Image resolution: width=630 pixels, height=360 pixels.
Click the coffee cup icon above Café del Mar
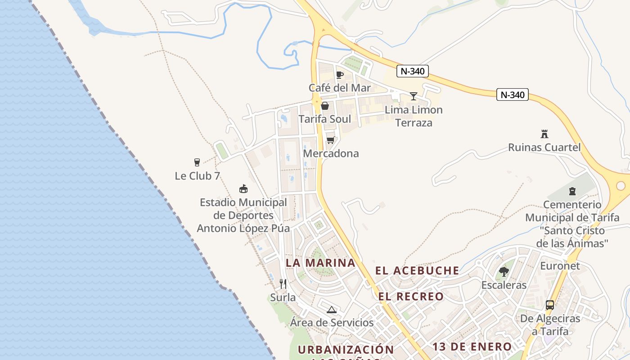click(x=339, y=75)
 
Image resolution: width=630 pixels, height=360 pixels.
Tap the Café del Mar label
click(x=340, y=88)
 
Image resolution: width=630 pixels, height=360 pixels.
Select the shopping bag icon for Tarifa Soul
click(x=325, y=106)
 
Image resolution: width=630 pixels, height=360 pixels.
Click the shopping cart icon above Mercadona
click(x=331, y=140)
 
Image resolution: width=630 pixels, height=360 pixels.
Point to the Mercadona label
click(x=331, y=153)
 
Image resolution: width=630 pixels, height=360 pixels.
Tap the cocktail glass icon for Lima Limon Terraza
click(x=414, y=96)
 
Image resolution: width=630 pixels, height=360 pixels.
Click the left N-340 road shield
click(x=413, y=71)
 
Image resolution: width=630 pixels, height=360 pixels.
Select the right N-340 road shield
click(x=513, y=94)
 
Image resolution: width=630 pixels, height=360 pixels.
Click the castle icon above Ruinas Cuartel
click(x=544, y=134)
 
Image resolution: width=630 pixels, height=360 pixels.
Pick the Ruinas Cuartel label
click(x=544, y=147)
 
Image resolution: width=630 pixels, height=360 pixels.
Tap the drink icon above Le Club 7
click(x=197, y=162)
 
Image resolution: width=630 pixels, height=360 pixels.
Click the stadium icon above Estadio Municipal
click(x=243, y=189)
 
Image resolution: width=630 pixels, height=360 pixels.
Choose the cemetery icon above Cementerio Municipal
click(x=572, y=191)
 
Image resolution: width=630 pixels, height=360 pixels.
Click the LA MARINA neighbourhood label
click(x=320, y=263)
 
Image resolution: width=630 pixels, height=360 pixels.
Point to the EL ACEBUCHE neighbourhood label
click(x=417, y=270)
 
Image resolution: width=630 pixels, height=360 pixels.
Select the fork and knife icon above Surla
click(x=283, y=283)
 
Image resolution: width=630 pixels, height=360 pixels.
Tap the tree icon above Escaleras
click(x=504, y=272)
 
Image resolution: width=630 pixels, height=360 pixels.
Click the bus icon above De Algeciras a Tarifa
click(x=550, y=305)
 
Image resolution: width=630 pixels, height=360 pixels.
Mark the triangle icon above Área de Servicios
click(x=332, y=310)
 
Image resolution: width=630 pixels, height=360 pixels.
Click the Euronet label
click(x=560, y=265)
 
